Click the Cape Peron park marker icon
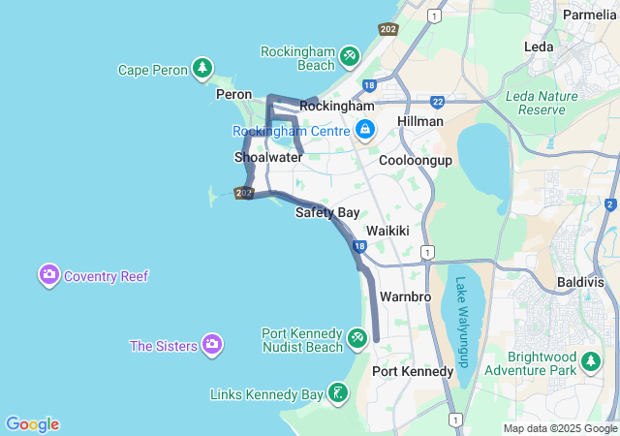pos(201,68)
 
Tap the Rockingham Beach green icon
pos(350,57)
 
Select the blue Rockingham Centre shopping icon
pos(365,129)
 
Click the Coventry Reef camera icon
pos(49,275)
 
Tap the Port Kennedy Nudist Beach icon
pos(357,337)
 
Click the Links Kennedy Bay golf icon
pos(337,393)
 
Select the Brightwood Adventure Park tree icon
pos(591,362)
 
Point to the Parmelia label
pos(590,16)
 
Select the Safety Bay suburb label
pos(327,212)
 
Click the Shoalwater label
pos(268,156)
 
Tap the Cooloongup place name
pos(416,160)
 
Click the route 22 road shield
pos(438,101)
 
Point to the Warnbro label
pos(405,296)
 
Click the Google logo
pos(32,424)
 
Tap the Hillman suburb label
pos(420,121)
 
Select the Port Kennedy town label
pos(413,371)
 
